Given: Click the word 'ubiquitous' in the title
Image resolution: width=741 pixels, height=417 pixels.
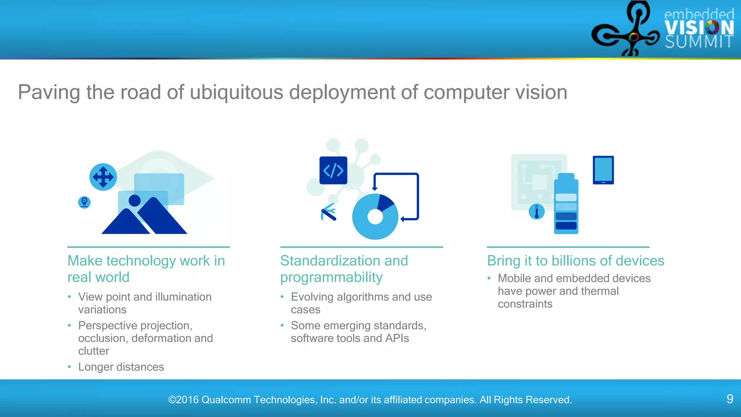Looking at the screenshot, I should tap(236, 92).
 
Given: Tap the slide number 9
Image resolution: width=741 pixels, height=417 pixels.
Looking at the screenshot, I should tap(730, 399).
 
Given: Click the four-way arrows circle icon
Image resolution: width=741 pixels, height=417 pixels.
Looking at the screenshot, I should tap(103, 177).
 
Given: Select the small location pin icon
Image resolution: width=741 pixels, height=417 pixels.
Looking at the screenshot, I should tap(84, 202).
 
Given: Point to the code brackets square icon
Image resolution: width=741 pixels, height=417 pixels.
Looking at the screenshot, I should tap(333, 170).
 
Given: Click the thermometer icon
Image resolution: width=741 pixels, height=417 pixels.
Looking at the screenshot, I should tap(537, 212).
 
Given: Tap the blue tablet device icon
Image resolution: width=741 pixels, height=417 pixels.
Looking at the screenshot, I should tap(603, 170).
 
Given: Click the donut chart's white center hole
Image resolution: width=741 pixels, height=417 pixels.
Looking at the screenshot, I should tap(375, 217).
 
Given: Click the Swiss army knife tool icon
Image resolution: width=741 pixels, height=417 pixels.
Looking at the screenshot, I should tap(329, 212).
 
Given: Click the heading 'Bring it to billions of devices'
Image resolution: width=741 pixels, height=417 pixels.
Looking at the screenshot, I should tap(575, 261).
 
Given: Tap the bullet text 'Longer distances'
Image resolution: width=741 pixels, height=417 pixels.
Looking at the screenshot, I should tap(121, 367).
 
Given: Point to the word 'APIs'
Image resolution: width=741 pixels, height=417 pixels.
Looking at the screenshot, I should tap(397, 338).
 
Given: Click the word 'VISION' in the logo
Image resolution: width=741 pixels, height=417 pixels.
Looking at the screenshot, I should tap(699, 28).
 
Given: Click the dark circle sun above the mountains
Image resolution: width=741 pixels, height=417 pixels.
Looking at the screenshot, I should tap(135, 200).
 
